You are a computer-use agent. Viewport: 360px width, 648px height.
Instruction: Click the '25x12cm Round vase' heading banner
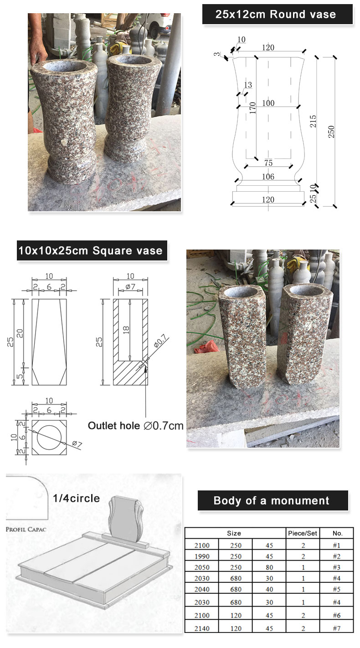pyautogui.click(x=277, y=14)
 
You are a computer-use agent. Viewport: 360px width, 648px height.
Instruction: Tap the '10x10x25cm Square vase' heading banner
pyautogui.click(x=92, y=250)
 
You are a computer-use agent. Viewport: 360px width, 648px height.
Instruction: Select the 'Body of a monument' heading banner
pyautogui.click(x=273, y=500)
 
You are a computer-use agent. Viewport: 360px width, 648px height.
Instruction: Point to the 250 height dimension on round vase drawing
pyautogui.click(x=331, y=132)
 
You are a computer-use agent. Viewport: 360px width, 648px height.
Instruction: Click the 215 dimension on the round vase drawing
pyautogui.click(x=313, y=121)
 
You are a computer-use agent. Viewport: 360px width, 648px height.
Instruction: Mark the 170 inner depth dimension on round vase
pyautogui.click(x=252, y=107)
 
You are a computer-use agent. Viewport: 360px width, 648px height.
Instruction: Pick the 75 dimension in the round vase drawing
pyautogui.click(x=268, y=163)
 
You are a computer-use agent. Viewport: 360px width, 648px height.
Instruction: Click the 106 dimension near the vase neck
pyautogui.click(x=268, y=177)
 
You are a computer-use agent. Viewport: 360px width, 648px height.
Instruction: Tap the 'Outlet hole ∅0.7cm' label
pyautogui.click(x=135, y=425)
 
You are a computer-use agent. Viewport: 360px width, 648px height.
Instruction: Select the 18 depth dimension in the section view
pyautogui.click(x=126, y=330)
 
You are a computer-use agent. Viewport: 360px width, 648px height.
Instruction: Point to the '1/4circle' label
pyautogui.click(x=77, y=498)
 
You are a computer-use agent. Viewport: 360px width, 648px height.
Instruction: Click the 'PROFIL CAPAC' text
pyautogui.click(x=26, y=530)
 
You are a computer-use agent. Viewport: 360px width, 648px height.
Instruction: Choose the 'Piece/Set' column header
pyautogui.click(x=303, y=533)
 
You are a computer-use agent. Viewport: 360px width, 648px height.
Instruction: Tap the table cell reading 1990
pyautogui.click(x=202, y=556)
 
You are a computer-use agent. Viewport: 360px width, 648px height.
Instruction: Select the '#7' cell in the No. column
pyautogui.click(x=337, y=628)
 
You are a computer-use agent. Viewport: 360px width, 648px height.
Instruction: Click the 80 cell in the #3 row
pyautogui.click(x=269, y=567)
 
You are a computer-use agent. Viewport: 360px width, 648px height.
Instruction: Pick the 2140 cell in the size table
pyautogui.click(x=202, y=628)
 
